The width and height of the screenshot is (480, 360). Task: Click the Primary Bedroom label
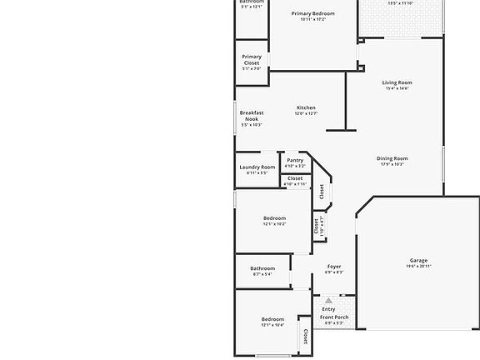tap(312, 13)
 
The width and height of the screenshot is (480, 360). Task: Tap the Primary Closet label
tap(251, 60)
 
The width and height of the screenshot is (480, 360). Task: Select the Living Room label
tap(396, 82)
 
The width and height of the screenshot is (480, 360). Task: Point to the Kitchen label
tap(306, 107)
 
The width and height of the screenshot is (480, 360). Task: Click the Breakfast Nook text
tap(252, 116)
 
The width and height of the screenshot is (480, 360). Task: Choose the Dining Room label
tap(392, 158)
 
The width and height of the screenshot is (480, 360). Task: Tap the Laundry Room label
tap(257, 167)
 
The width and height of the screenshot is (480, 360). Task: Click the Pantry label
tap(295, 160)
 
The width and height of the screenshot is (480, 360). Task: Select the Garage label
tap(417, 260)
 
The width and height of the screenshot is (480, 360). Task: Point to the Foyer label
tap(333, 267)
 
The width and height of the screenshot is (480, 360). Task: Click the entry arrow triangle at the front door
tap(328, 299)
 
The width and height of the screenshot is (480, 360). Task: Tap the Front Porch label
tap(334, 317)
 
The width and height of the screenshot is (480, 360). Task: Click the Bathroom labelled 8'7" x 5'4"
tap(262, 268)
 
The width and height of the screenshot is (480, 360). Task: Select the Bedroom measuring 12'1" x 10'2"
tap(274, 218)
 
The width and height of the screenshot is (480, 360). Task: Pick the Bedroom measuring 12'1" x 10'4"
tap(272, 319)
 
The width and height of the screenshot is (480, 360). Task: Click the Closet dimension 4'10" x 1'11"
tap(295, 183)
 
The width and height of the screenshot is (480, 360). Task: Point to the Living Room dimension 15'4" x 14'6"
tap(396, 89)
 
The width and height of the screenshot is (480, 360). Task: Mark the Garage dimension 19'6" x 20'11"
tap(417, 266)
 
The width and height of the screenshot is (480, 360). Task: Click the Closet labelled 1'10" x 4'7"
tap(317, 225)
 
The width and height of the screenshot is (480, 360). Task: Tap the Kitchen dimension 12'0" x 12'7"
tap(306, 113)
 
